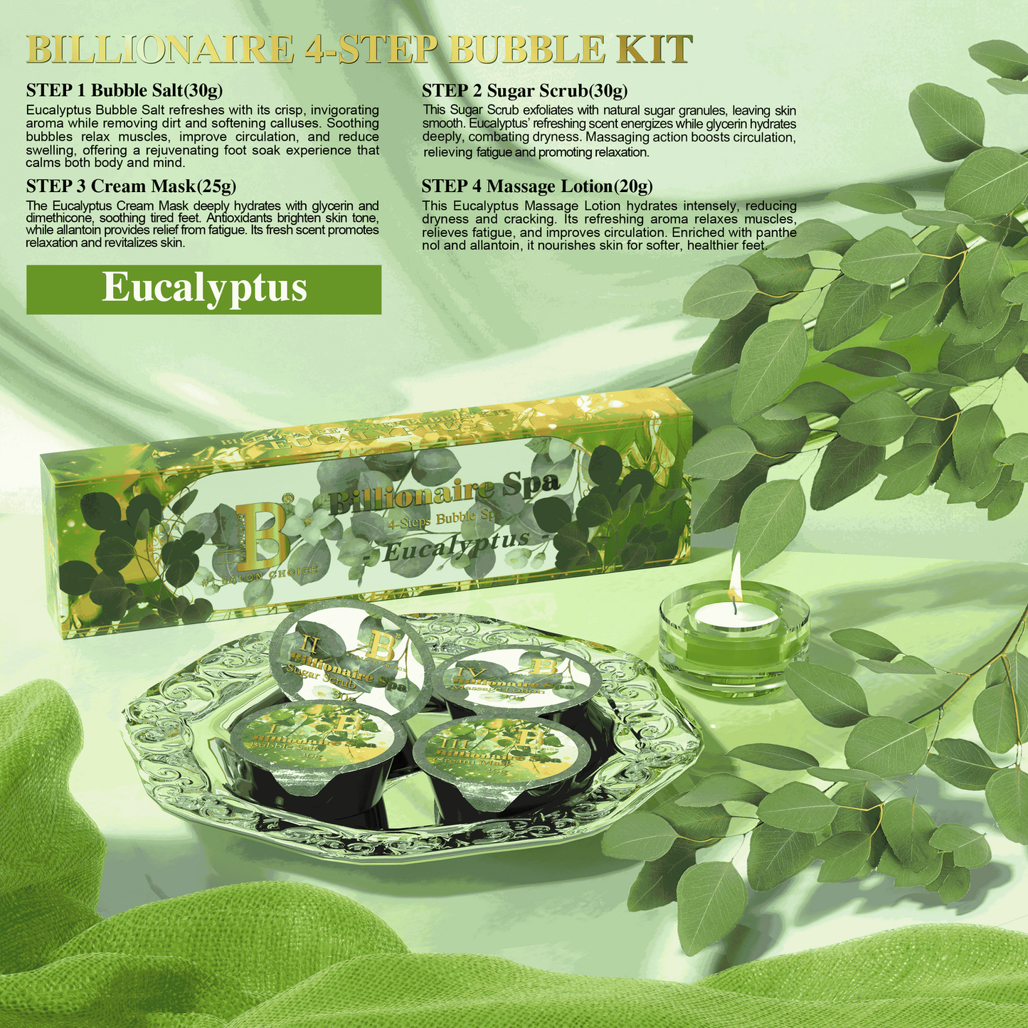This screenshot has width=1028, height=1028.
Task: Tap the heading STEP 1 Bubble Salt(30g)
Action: point(124,91)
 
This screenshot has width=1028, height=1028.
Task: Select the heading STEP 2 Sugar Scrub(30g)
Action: point(524,91)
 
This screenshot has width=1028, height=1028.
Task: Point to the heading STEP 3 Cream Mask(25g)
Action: point(131,186)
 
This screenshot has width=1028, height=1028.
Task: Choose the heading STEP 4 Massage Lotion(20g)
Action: point(537,186)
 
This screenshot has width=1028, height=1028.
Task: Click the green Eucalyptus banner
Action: point(203,289)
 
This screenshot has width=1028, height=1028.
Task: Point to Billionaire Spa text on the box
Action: point(445,494)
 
